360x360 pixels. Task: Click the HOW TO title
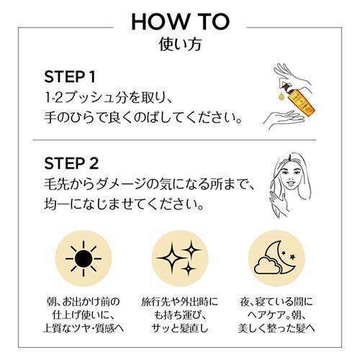point(180,22)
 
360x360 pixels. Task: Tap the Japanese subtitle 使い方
point(180,44)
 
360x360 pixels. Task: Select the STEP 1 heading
point(70,77)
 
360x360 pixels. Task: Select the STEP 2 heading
point(71,163)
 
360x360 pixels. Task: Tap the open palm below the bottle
point(283,119)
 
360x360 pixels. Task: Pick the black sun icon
point(84,258)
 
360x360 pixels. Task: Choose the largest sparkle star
point(171,258)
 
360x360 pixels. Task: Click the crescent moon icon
point(283,258)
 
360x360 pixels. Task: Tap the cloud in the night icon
point(267,266)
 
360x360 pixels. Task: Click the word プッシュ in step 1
point(93,98)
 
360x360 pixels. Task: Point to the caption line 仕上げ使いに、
point(83,315)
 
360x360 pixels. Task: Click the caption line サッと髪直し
point(180,328)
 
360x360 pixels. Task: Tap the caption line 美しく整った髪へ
point(276,328)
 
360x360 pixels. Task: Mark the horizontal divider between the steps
point(174,140)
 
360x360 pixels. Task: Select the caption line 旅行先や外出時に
point(180,302)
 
